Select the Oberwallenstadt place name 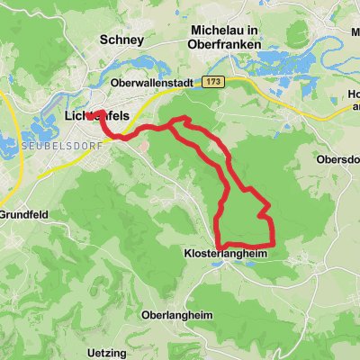coord(152,83)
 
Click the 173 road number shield coord(212,82)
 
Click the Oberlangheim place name coord(181,315)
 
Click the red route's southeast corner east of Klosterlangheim coord(271,244)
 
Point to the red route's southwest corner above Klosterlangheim coord(220,244)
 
